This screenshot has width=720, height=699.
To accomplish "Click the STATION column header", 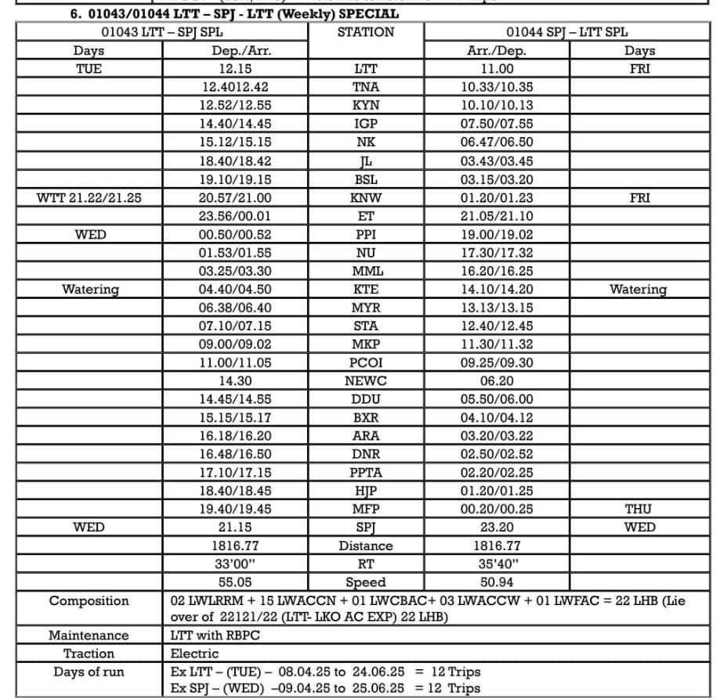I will (366, 33).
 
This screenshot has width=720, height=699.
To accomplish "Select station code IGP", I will (366, 123).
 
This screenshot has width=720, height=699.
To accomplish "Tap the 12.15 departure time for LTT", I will (236, 69).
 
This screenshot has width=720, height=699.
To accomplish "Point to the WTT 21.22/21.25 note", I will (89, 198).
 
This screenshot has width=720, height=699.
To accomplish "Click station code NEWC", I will (366, 380).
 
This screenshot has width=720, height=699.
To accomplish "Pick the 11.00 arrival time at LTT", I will (496, 69).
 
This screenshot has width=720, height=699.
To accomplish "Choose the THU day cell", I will (639, 509).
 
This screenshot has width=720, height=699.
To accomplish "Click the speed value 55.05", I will (236, 582).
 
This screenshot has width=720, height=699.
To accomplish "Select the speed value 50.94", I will (496, 582).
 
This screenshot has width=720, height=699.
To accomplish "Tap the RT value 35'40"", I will (496, 564).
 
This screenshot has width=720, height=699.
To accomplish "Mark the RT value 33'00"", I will (236, 564).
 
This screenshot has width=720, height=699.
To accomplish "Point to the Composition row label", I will (89, 601).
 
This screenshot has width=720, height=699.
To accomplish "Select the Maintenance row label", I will (89, 636).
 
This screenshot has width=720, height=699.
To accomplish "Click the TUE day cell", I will (89, 69).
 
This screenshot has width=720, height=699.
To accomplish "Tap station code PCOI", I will (366, 362).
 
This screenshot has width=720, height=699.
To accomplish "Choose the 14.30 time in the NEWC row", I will (236, 380).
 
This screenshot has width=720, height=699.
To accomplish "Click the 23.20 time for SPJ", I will (496, 527).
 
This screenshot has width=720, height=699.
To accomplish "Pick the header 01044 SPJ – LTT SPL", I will (566, 33).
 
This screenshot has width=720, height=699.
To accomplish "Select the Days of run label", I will (89, 672).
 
